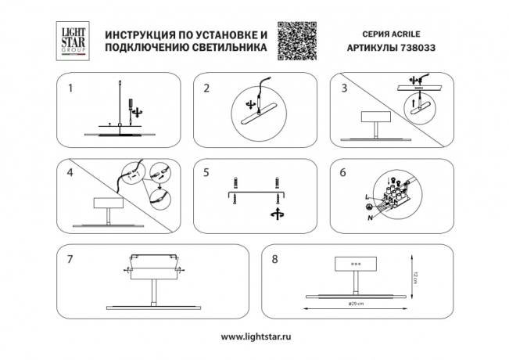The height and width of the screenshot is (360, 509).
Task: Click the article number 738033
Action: click(x=421, y=48)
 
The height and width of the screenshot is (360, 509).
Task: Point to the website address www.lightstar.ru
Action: click(x=254, y=337)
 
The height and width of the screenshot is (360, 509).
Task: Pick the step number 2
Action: click(x=206, y=88)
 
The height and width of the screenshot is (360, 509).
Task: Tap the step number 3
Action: click(x=342, y=88)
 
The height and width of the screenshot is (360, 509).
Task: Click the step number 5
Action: click(x=206, y=171)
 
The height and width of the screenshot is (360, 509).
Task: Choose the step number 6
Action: click(x=342, y=171)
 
